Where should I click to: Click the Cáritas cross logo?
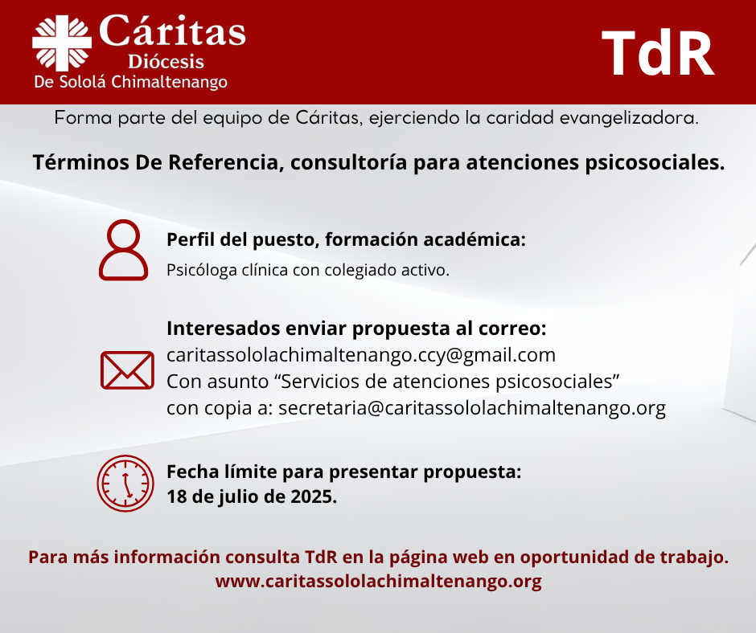[x=62, y=43]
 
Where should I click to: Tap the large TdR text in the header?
[x=658, y=53]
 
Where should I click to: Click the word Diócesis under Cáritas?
[x=166, y=62]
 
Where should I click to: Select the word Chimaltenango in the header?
[x=169, y=82]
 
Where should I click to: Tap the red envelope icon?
[x=127, y=370]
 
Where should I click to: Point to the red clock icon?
[x=125, y=483]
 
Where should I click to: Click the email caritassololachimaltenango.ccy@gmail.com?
[x=361, y=356]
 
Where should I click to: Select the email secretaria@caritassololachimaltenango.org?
[x=472, y=409]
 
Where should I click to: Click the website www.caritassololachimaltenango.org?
[x=379, y=582]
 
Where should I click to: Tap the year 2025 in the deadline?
[x=314, y=496]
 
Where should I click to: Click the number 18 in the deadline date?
[x=176, y=496]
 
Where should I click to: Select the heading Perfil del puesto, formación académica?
[x=346, y=239]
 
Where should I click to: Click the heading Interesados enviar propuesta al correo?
[x=357, y=329]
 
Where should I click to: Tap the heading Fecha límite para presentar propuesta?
[x=344, y=472]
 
